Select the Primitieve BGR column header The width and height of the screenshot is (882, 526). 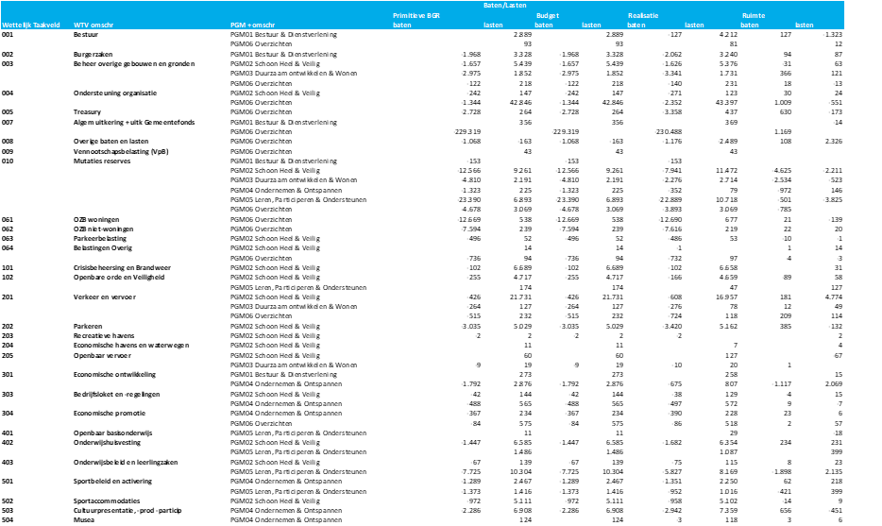416,15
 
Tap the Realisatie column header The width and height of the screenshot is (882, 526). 642,15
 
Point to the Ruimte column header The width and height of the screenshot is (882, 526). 754,15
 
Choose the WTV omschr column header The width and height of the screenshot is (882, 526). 95,25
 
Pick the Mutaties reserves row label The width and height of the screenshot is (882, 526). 101,161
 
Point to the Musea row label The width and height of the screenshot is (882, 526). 84,519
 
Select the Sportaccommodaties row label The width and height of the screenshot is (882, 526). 105,501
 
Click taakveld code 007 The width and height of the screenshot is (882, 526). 8,122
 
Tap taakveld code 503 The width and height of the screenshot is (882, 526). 8,510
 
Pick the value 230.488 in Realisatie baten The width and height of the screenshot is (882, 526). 668,131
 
